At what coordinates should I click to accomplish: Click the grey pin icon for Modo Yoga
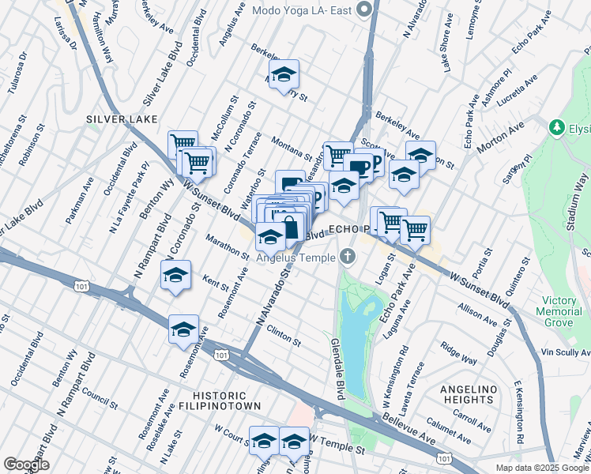364,10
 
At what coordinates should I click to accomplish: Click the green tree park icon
557,127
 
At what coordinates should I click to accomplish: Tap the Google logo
27,465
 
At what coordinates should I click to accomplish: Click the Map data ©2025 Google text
541,468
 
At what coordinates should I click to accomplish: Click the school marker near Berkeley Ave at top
284,74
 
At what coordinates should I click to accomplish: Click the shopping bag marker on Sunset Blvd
291,226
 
